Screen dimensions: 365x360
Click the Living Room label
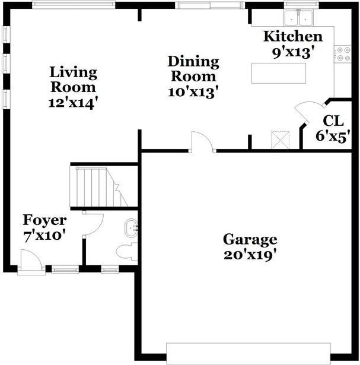pos(73,80)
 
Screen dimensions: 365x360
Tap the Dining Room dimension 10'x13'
pos(193,91)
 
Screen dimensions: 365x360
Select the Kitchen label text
pos(293,37)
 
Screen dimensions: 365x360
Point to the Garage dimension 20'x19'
pos(250,255)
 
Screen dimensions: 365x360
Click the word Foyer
pos(44,221)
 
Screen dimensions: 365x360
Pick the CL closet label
pos(333,121)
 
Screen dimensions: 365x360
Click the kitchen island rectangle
pos(279,73)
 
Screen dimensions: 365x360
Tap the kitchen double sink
pos(300,18)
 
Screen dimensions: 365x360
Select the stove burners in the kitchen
pos(343,54)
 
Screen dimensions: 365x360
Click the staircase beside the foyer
pos(98,186)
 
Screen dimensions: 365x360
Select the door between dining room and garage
pos(202,142)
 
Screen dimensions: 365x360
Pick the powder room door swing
pos(94,223)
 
